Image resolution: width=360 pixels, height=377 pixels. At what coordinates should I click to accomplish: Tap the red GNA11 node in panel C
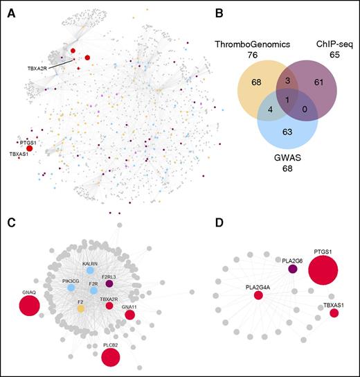click(x=129, y=315)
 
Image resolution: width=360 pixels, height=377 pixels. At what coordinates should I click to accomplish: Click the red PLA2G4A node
click(x=258, y=296)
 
